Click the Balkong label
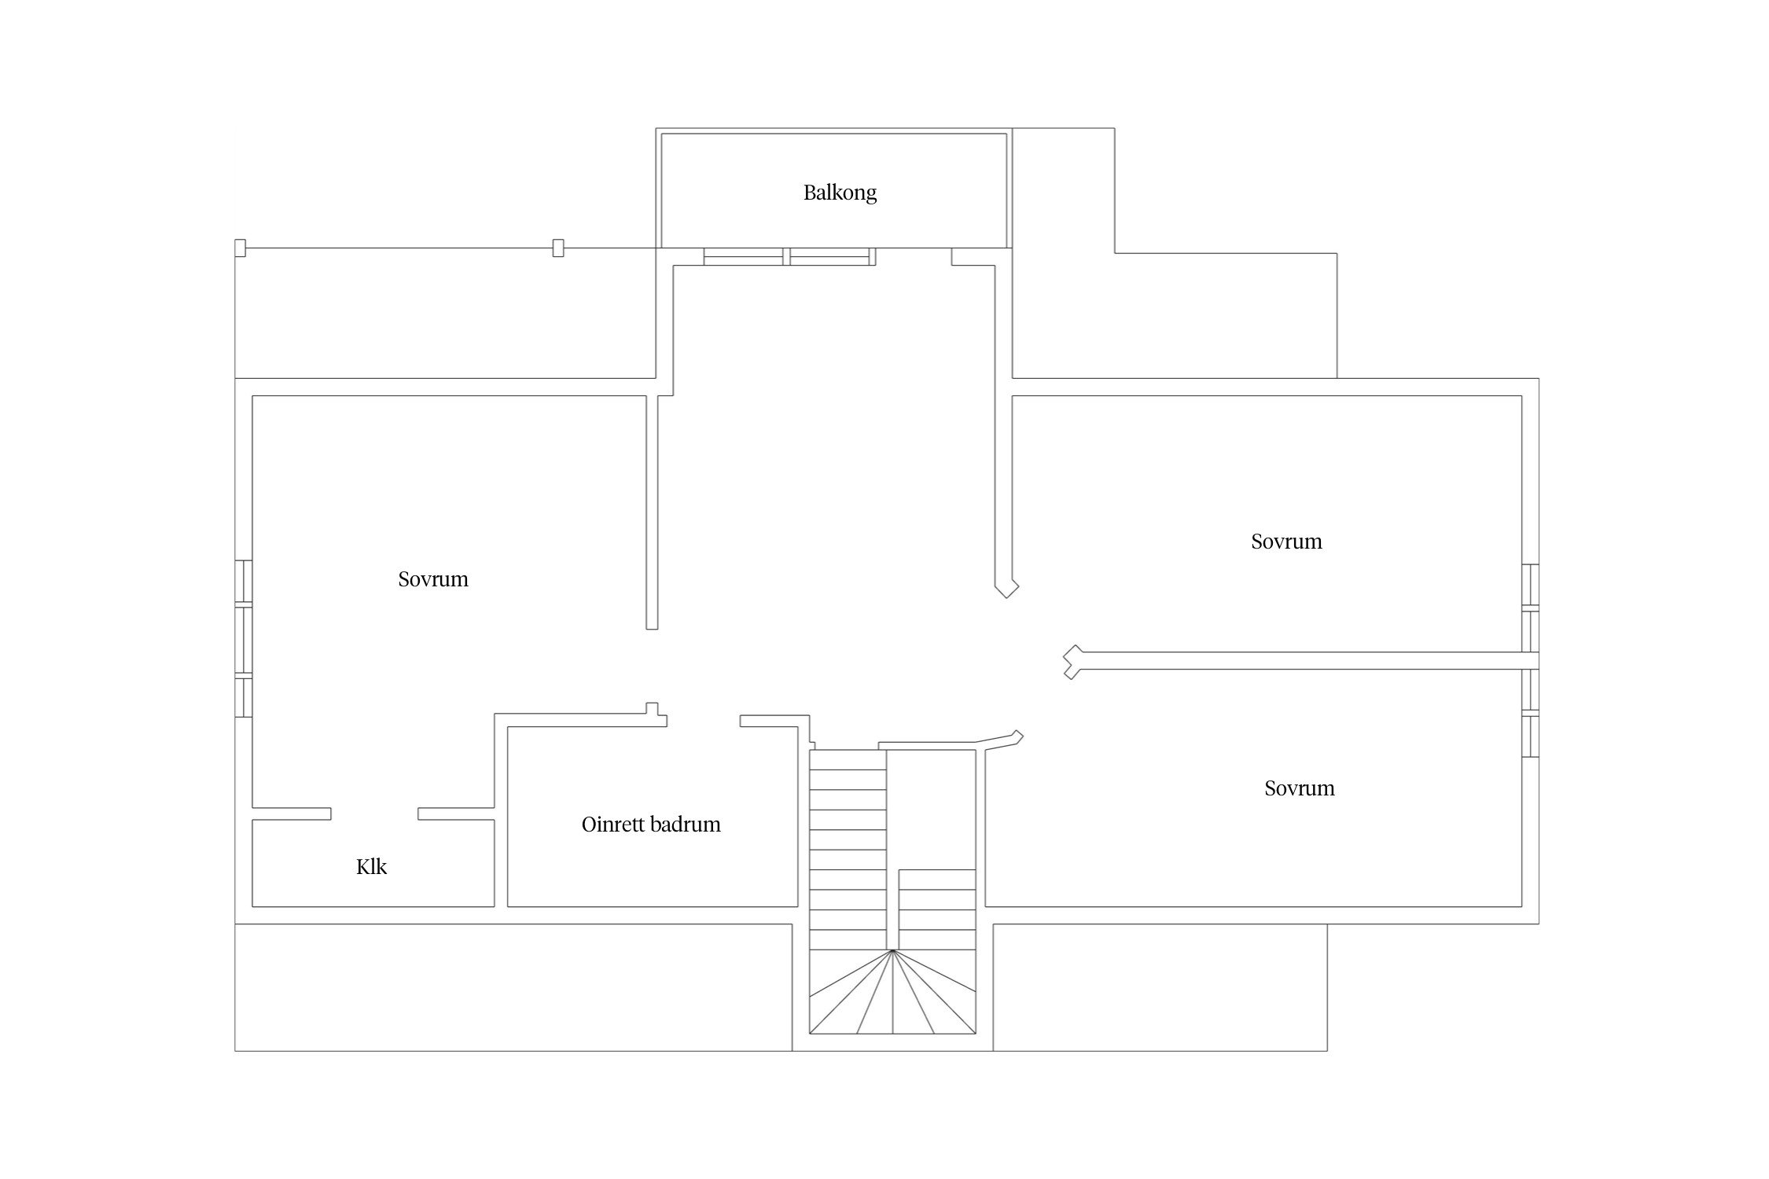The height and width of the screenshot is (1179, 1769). point(840,193)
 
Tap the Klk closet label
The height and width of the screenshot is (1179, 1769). point(371,867)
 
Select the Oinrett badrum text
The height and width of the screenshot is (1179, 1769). point(651,825)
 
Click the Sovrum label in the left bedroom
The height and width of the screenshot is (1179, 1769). point(433,579)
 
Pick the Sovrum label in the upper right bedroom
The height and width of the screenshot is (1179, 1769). point(1286,542)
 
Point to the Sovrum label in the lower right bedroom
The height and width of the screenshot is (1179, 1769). point(1299,788)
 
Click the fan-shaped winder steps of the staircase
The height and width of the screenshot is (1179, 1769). point(892,998)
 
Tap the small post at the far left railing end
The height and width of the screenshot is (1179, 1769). point(241,248)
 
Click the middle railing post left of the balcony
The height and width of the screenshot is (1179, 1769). point(558,248)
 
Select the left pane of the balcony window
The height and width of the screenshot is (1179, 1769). point(744,257)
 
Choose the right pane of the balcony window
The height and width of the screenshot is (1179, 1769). point(832,257)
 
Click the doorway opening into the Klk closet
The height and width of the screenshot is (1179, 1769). point(374,814)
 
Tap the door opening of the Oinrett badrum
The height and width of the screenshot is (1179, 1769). point(703,721)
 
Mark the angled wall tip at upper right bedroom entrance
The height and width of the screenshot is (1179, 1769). point(1008,588)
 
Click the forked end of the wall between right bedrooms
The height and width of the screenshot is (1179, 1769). point(1071,662)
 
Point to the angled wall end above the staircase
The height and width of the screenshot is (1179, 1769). point(1016,737)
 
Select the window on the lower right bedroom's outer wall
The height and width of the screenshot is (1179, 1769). point(1530,714)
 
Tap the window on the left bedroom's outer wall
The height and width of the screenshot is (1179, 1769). point(244,638)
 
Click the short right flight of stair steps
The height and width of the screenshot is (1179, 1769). point(937,910)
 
